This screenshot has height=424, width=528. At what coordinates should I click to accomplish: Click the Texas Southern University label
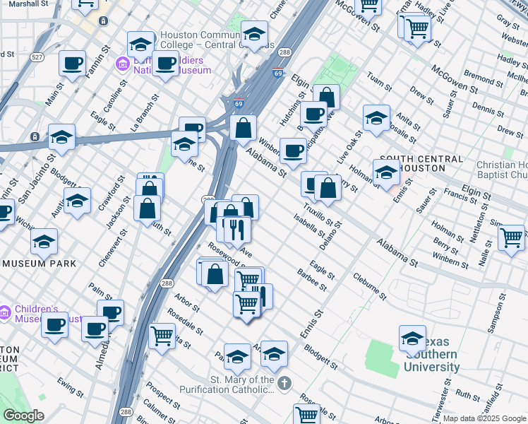(x=431, y=360)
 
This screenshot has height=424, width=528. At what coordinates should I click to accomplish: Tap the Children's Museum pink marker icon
(x=5, y=311)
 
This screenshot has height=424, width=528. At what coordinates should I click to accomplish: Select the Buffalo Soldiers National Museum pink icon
(x=122, y=65)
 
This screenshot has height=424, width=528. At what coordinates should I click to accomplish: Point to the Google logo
(x=23, y=416)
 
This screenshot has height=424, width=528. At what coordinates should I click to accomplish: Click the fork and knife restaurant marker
(x=237, y=229)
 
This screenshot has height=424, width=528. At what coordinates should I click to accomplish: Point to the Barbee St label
(x=312, y=280)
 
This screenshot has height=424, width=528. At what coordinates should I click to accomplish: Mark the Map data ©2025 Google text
(x=484, y=418)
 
